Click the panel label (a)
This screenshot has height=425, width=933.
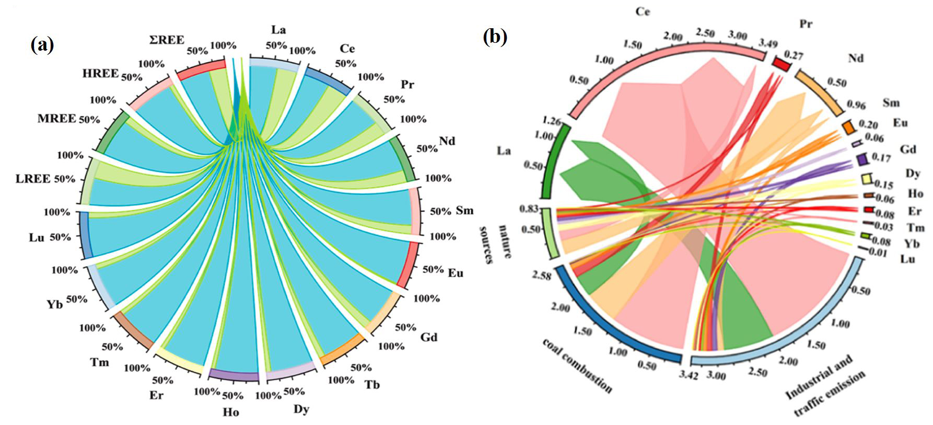(42, 45)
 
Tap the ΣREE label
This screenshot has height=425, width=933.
(167, 40)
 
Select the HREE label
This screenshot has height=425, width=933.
(100, 73)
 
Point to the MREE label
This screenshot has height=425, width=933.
(56, 119)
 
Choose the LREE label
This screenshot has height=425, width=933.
(33, 179)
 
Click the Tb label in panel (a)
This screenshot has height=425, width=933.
(372, 385)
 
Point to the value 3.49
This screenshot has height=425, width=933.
(768, 44)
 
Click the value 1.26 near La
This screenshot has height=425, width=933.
(552, 122)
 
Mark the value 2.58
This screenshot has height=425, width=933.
(542, 275)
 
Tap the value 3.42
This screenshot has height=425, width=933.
(690, 375)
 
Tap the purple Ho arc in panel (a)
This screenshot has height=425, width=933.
(233, 375)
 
